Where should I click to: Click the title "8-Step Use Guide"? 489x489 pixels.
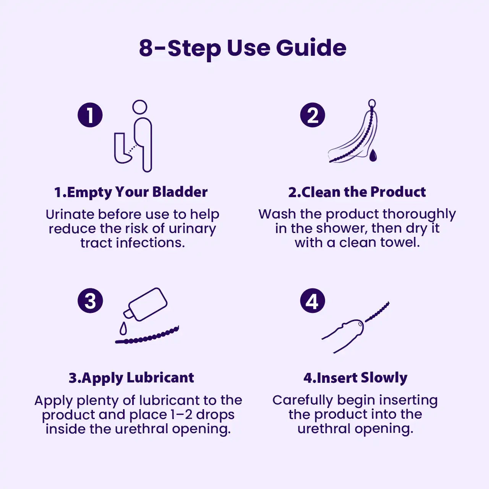click(243, 48)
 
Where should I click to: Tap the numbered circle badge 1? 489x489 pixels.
click(90, 115)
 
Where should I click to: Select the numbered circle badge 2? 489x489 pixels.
click(313, 115)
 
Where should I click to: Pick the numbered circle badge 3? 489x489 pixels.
click(90, 300)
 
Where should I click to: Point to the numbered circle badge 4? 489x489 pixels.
click(313, 300)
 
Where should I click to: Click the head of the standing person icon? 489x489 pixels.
click(139, 107)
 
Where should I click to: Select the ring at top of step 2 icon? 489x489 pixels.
click(372, 103)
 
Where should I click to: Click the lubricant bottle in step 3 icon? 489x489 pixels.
click(146, 304)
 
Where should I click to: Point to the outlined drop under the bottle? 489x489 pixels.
click(123, 329)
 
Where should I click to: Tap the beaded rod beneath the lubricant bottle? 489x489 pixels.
click(147, 335)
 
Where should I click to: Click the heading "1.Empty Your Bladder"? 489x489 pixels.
click(131, 192)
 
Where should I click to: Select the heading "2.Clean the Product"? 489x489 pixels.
click(357, 192)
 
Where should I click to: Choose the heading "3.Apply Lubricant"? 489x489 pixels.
click(131, 378)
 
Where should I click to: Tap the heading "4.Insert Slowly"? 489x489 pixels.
click(355, 378)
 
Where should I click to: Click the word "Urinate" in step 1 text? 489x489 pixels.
click(70, 214)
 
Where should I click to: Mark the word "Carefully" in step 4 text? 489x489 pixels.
click(303, 401)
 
